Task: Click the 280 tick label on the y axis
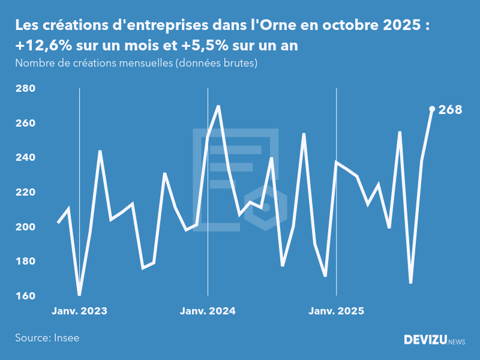click(x=25, y=89)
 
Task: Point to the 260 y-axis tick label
click(x=25, y=123)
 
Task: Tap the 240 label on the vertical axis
click(x=25, y=158)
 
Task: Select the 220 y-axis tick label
click(x=25, y=193)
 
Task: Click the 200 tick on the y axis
click(x=25, y=227)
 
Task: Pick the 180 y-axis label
click(x=25, y=262)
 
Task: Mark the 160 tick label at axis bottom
click(x=25, y=296)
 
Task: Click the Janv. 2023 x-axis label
click(x=79, y=311)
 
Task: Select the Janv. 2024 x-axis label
click(x=208, y=311)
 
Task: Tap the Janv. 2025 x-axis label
click(x=336, y=311)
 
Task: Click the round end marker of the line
click(x=432, y=109)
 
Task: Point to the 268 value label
click(x=451, y=110)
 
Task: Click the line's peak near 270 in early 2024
click(x=218, y=106)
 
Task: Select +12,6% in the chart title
click(x=41, y=46)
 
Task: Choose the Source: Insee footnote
click(x=47, y=338)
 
